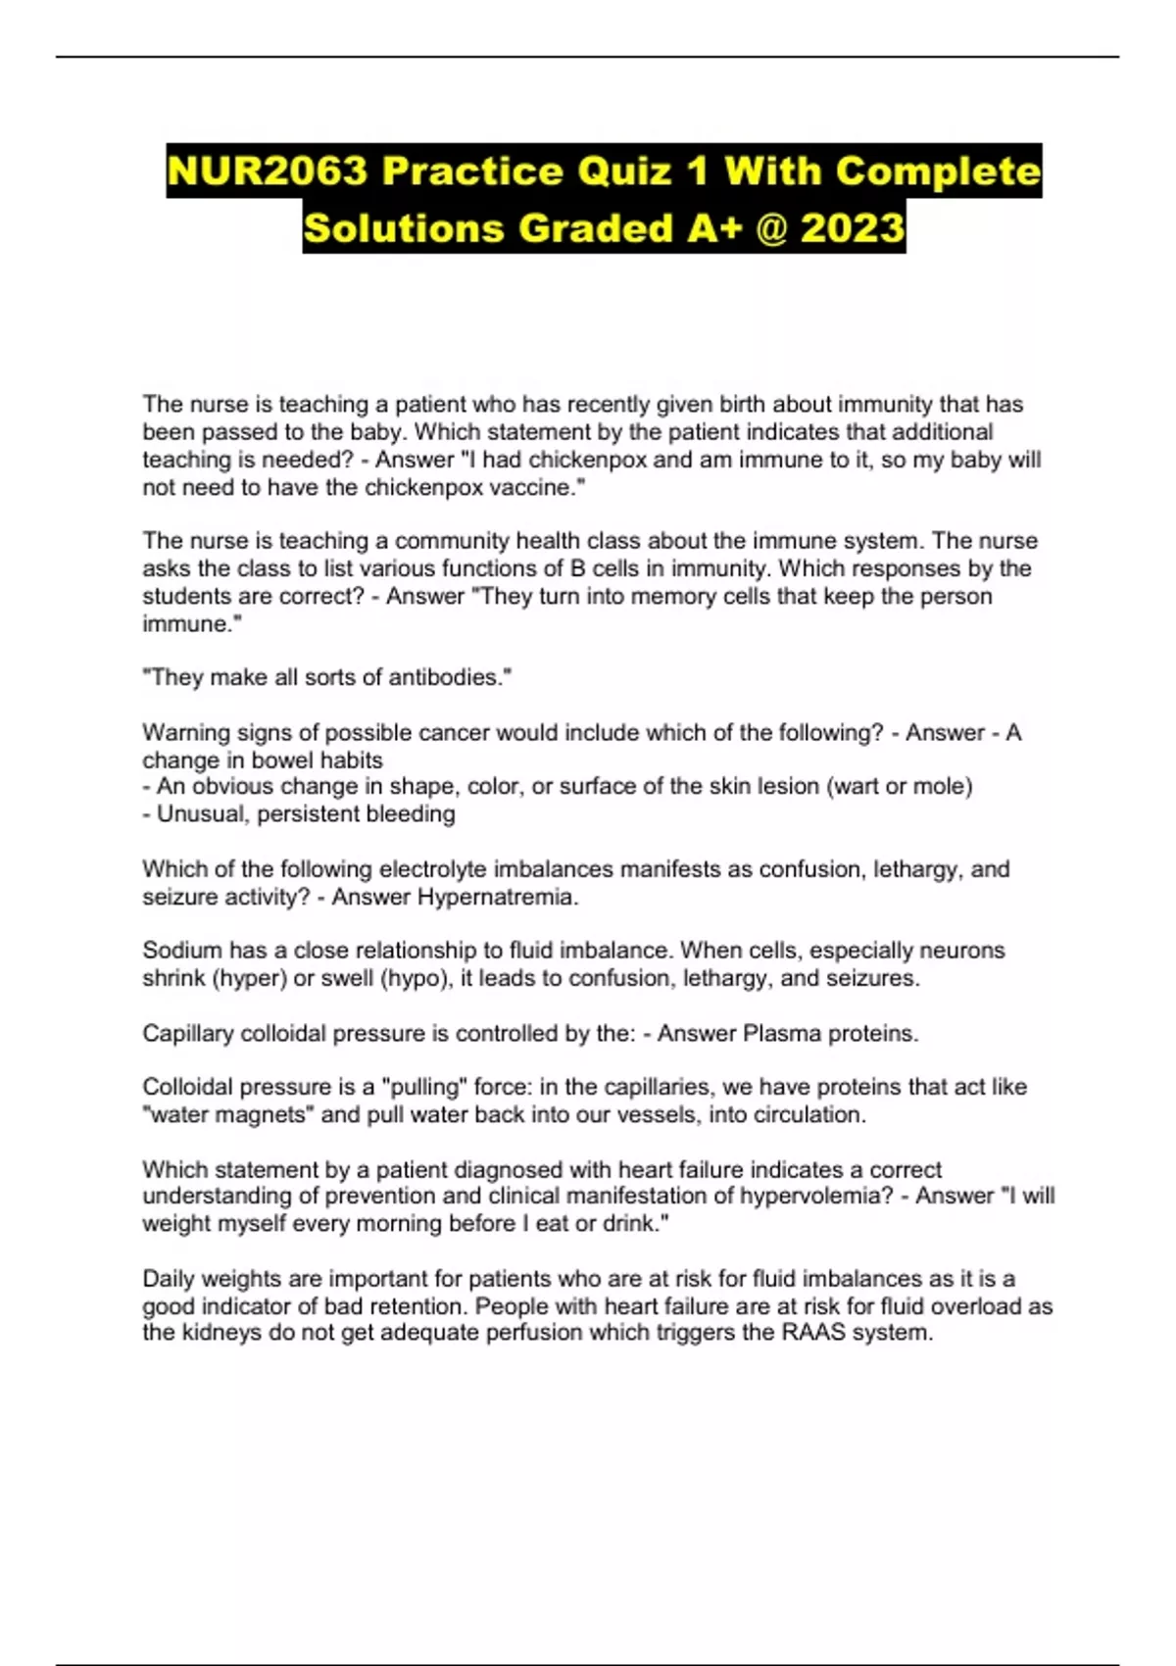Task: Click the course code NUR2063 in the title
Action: tap(267, 171)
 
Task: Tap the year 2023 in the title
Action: tap(852, 228)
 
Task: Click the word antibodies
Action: tap(449, 677)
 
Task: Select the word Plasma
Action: tap(777, 1033)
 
